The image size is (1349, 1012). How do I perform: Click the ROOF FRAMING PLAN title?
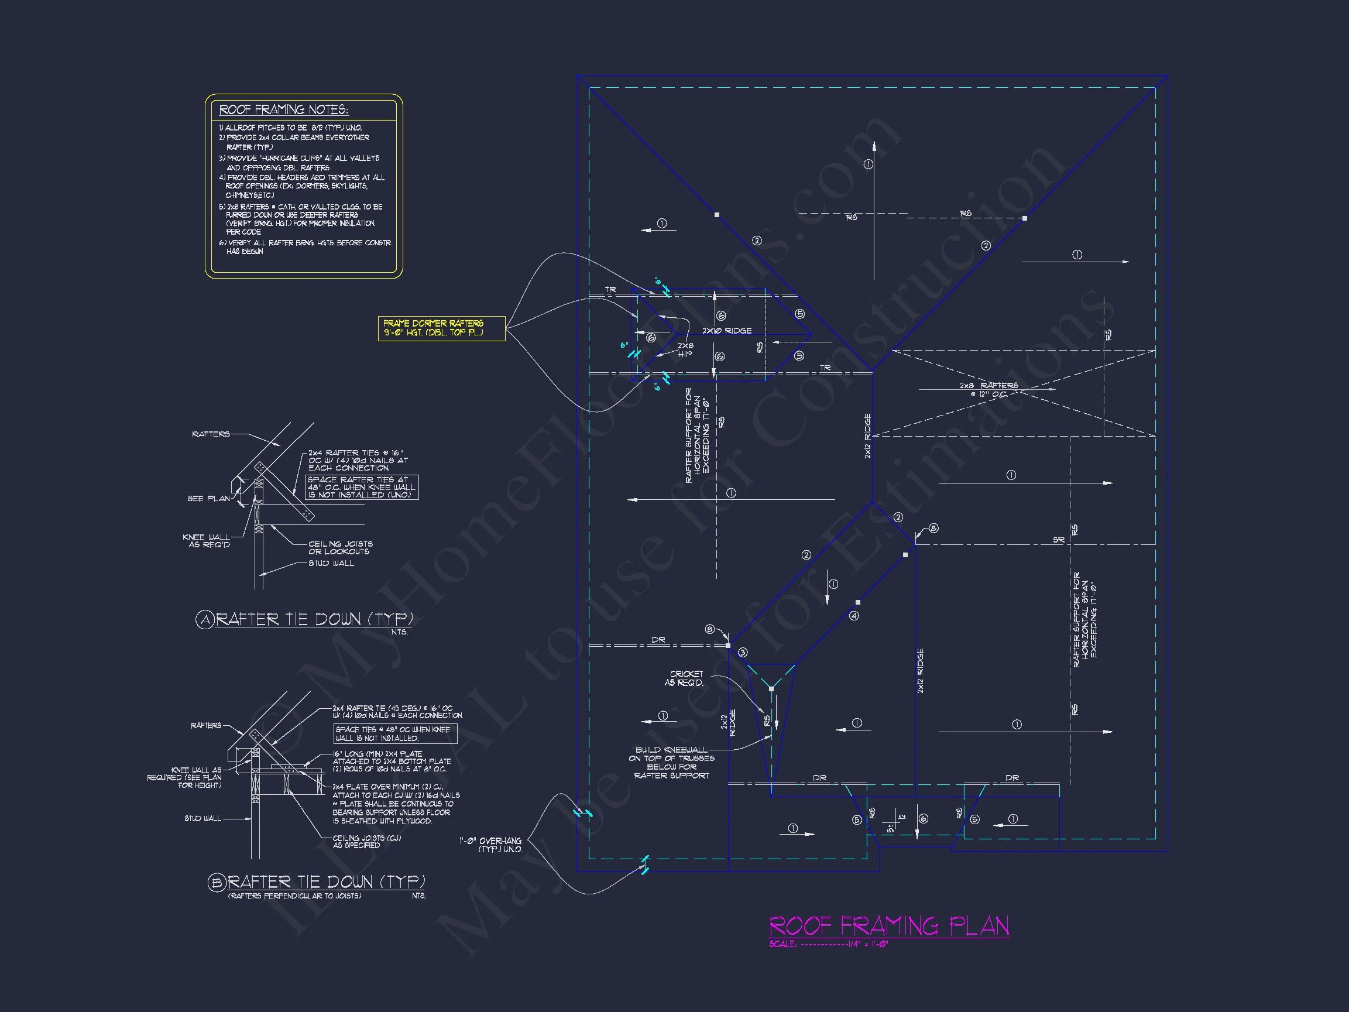click(x=888, y=926)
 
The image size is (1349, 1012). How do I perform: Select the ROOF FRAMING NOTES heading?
click(x=284, y=110)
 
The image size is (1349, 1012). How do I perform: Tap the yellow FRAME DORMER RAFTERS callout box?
click(x=441, y=328)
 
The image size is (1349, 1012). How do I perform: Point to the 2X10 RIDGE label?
click(x=726, y=331)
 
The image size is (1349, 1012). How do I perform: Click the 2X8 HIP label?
click(x=685, y=349)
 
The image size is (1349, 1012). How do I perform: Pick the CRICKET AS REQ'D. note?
click(x=685, y=678)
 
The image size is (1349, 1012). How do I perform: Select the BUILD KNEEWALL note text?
click(x=671, y=763)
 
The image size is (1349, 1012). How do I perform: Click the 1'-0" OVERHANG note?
click(x=490, y=845)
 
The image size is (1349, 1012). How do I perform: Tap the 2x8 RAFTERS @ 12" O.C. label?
click(x=988, y=389)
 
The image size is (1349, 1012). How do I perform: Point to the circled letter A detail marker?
click(x=204, y=620)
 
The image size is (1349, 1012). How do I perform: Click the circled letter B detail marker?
click(x=217, y=883)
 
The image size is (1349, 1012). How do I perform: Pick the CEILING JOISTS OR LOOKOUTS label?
click(x=339, y=547)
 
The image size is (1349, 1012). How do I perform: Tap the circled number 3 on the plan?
click(x=743, y=653)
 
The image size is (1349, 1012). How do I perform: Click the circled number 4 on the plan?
click(x=854, y=616)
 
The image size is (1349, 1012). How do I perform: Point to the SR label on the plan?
click(x=1059, y=540)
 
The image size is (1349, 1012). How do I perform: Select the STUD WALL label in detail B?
click(x=202, y=818)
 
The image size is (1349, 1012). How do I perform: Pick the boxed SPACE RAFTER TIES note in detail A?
click(x=362, y=488)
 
